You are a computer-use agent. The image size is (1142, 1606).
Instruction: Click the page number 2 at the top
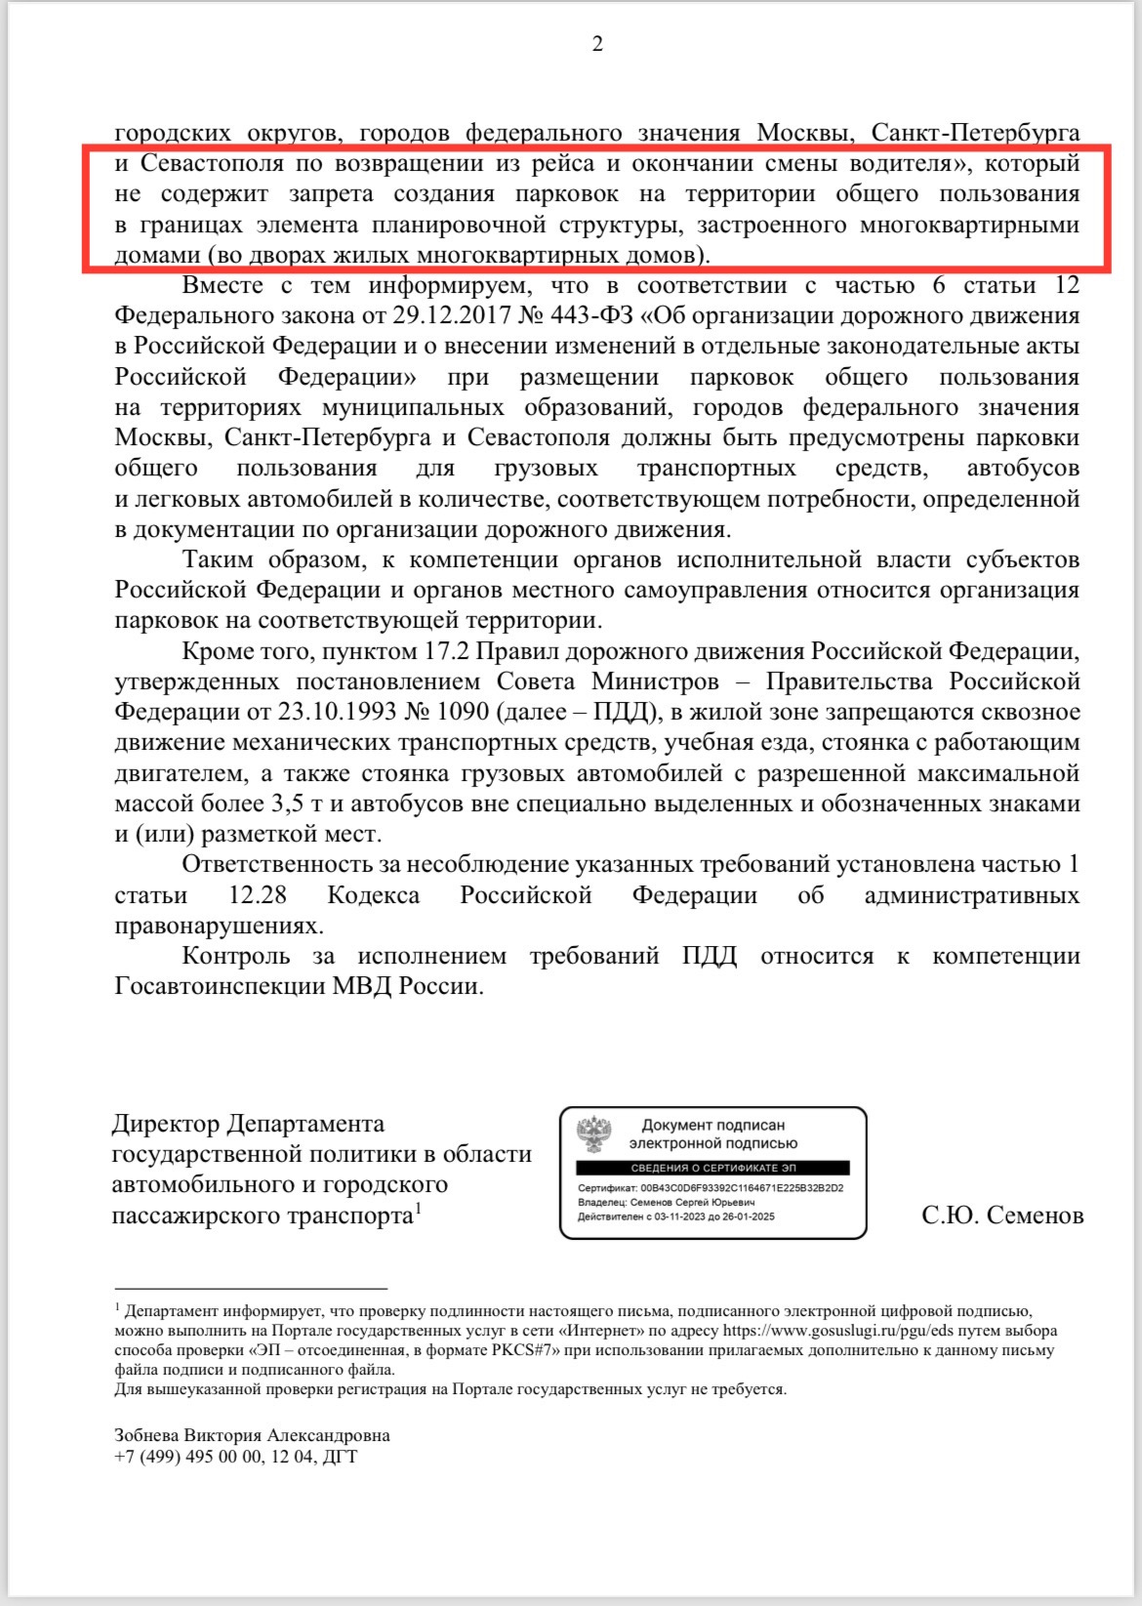pyautogui.click(x=597, y=44)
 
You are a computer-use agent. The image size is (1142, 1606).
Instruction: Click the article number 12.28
pyautogui.click(x=257, y=895)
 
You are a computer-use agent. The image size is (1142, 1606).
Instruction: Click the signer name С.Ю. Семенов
pyautogui.click(x=1002, y=1215)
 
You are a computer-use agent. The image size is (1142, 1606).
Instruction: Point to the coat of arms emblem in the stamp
pyautogui.click(x=592, y=1134)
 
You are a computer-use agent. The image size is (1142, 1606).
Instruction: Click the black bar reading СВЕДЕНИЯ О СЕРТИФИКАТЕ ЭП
pyautogui.click(x=713, y=1168)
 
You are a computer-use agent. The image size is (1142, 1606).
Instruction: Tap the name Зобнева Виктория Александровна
pyautogui.click(x=252, y=1435)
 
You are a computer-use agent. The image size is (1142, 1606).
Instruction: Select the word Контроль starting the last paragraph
pyautogui.click(x=236, y=956)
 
